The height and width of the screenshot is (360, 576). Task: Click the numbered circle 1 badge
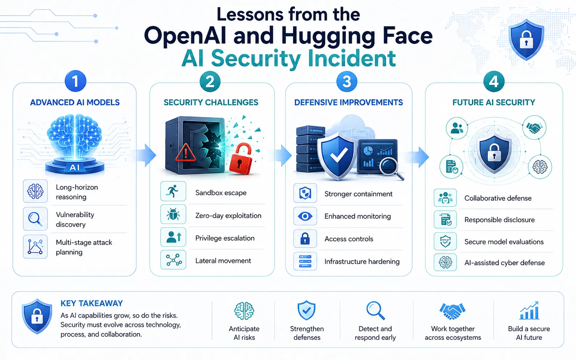(x=75, y=81)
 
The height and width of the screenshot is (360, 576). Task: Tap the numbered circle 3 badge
(x=346, y=82)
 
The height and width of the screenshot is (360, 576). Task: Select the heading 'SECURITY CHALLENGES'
(x=211, y=103)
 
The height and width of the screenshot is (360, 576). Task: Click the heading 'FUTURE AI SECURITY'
(x=494, y=103)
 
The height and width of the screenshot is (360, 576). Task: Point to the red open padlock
(x=241, y=159)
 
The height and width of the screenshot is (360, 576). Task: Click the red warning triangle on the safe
(x=186, y=153)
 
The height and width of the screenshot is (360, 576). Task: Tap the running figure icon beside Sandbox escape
(x=173, y=191)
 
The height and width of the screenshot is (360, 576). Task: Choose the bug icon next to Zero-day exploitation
(x=173, y=214)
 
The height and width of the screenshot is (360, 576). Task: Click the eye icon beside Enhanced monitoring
(x=305, y=216)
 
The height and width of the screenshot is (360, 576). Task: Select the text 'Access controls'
(x=349, y=239)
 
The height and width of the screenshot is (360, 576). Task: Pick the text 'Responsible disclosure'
(x=499, y=220)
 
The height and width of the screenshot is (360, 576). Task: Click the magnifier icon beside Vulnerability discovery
(x=35, y=219)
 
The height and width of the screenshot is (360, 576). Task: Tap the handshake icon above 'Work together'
(x=452, y=311)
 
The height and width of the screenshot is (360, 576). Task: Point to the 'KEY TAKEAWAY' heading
(x=92, y=303)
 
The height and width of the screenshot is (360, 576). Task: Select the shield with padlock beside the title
(x=526, y=40)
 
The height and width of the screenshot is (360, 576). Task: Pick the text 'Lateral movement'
(x=223, y=261)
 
